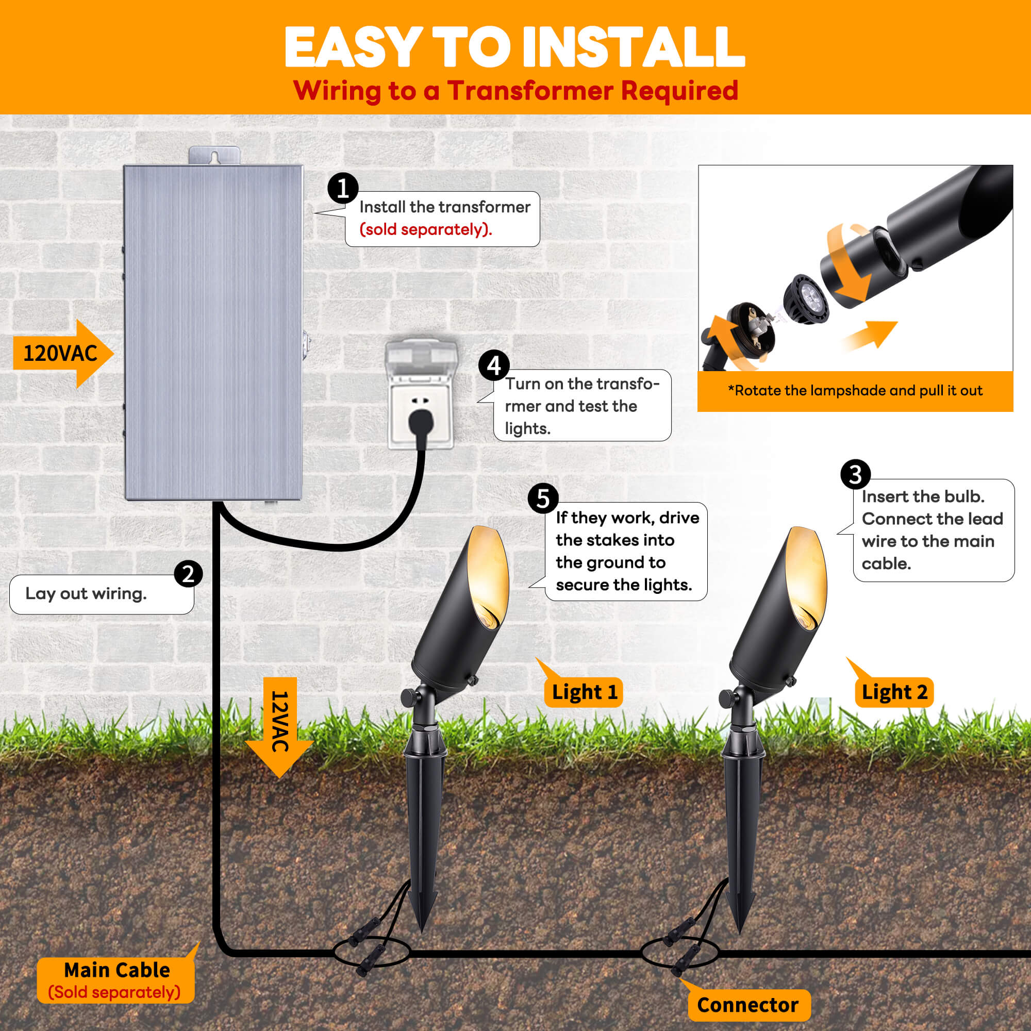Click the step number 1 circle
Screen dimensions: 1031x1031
click(343, 188)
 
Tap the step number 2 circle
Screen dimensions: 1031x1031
click(188, 574)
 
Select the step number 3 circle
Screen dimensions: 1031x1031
click(855, 474)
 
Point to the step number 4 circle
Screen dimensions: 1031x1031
click(494, 365)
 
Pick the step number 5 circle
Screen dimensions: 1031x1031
click(543, 498)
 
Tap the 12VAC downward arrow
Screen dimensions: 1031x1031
click(279, 726)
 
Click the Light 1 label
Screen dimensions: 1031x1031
click(584, 692)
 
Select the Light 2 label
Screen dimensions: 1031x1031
click(894, 692)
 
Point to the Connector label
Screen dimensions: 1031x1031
click(747, 1005)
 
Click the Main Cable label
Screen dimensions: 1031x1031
click(117, 980)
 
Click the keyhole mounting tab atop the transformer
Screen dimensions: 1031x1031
click(214, 156)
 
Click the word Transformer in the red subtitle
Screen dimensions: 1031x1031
click(530, 91)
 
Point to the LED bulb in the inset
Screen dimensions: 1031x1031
click(806, 299)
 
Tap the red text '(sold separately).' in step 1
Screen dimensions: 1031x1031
click(425, 229)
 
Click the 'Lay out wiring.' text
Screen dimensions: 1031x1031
click(86, 593)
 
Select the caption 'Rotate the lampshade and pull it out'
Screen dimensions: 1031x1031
click(855, 391)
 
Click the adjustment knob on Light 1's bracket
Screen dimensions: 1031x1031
click(409, 697)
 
